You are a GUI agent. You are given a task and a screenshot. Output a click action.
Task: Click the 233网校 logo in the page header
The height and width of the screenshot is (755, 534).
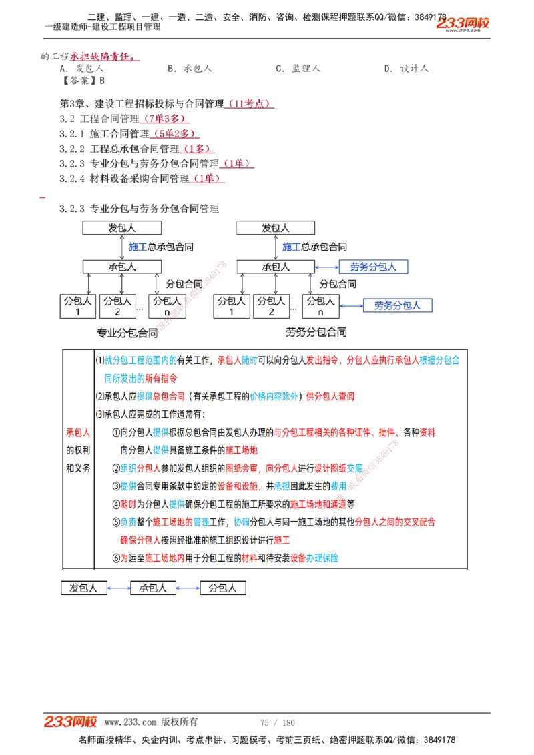click(463, 23)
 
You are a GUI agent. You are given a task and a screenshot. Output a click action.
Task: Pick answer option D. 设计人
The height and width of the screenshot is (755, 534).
click(406, 69)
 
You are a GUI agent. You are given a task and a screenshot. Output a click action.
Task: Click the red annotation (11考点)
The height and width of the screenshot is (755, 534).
click(250, 103)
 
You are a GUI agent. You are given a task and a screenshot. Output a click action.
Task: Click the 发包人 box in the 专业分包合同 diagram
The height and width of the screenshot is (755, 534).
click(123, 227)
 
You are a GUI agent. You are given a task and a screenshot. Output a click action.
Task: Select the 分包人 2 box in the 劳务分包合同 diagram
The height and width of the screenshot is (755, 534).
click(271, 306)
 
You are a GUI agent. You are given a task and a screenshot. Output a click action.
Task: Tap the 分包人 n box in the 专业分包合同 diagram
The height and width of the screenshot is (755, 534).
click(166, 306)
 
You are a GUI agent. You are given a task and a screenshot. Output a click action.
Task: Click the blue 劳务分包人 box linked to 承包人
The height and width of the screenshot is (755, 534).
click(373, 267)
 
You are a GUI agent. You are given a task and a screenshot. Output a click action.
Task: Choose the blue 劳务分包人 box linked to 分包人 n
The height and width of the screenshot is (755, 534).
click(397, 305)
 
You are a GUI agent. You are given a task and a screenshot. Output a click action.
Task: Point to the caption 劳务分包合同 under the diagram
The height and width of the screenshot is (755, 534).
click(316, 332)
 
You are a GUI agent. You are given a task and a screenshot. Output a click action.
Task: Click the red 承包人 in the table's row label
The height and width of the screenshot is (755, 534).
click(78, 432)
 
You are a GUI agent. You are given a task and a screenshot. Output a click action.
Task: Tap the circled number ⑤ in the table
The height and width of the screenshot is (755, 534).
click(116, 522)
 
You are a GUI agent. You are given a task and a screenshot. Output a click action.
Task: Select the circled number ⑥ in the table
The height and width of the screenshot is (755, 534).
click(116, 558)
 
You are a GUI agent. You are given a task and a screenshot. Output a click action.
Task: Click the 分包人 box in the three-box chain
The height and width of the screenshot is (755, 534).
click(223, 588)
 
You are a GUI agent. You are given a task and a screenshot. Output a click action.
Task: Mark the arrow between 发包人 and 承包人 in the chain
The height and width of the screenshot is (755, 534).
click(117, 588)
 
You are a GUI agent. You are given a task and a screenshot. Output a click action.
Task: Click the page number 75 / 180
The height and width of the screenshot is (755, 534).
click(278, 722)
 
